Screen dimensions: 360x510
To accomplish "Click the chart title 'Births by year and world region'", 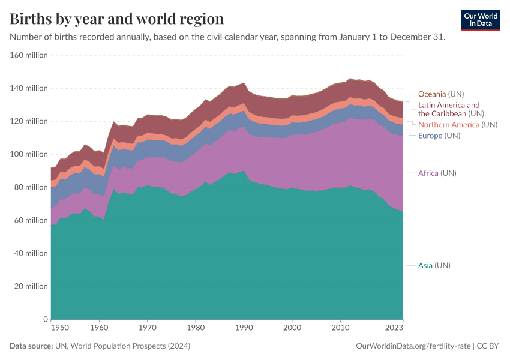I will (117, 19).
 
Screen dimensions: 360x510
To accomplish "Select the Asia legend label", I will (434, 265).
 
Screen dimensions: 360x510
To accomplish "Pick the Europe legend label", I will (439, 136).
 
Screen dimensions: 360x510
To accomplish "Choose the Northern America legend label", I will (457, 125).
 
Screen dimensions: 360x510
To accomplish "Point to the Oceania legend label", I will (441, 94).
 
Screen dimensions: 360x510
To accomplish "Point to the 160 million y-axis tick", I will (28, 55).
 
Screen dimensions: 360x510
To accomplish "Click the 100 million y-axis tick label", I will (28, 154).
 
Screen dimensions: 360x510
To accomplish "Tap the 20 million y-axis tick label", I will (31, 286).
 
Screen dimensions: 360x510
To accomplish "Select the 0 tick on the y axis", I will (44, 319).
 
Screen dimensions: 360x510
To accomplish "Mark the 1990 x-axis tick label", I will (244, 329).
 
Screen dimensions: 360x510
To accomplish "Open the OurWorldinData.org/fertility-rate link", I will (413, 346).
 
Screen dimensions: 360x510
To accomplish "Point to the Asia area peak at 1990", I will (244, 172).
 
